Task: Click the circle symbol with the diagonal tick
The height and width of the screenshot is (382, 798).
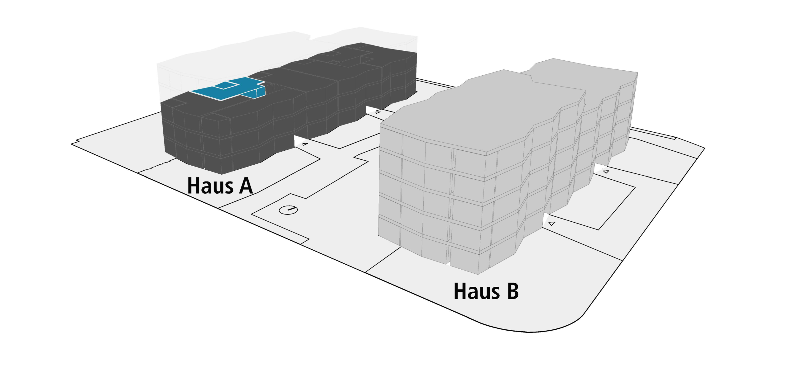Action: (288, 210)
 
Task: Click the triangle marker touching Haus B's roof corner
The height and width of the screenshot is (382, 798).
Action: (378, 112)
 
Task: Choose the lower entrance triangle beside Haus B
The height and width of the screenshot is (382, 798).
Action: (552, 223)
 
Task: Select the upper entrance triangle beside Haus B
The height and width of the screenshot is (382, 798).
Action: (606, 172)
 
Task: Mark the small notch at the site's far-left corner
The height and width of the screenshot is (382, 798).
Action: (74, 144)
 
